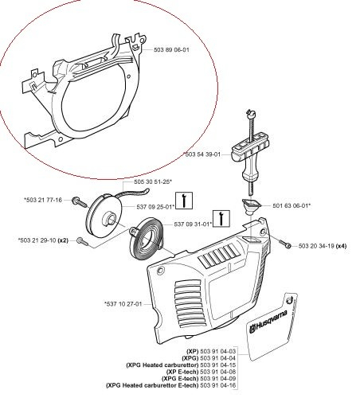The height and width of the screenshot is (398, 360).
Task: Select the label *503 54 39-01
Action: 209,154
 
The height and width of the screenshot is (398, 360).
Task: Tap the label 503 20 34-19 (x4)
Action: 322,246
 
